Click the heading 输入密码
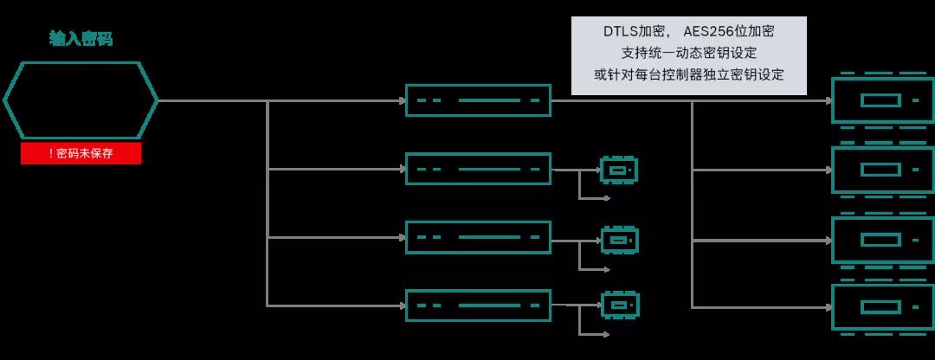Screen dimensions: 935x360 coord(81,39)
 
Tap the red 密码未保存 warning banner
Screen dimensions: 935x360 coord(81,153)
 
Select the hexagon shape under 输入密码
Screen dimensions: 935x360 coord(81,62)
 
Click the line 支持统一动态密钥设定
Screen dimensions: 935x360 coord(689,53)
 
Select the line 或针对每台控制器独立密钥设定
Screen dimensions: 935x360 coord(689,74)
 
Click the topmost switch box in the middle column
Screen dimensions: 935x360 coord(478,85)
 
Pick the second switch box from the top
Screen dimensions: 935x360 coord(478,154)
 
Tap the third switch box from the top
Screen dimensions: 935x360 coord(478,222)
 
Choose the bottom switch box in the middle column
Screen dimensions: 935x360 coord(478,291)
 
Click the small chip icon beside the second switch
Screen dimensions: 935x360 coord(620,160)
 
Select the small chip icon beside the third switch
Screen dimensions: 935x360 coord(620,228)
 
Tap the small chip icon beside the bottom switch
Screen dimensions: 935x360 coord(620,294)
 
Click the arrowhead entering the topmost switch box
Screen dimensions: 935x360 coord(403,100)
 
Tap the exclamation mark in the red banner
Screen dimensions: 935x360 coord(51,153)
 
